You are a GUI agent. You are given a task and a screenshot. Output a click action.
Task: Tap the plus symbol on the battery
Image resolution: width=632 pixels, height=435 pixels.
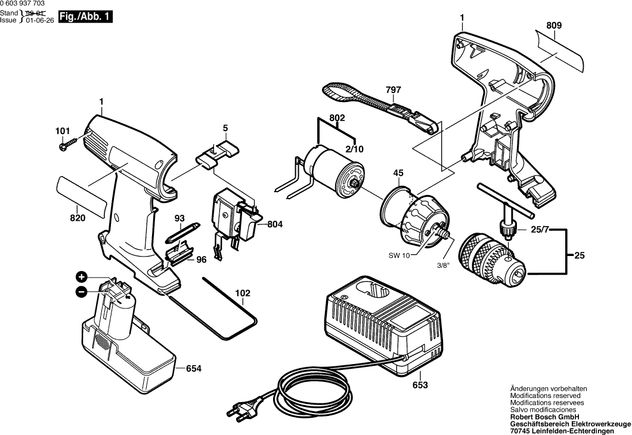(x=82, y=277)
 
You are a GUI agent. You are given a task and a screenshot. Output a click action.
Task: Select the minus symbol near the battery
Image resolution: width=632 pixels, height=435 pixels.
(x=82, y=291)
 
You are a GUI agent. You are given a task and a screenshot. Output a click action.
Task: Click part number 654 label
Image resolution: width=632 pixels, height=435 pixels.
(x=193, y=369)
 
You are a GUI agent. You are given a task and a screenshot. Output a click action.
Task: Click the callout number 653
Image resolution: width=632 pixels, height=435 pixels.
(x=420, y=385)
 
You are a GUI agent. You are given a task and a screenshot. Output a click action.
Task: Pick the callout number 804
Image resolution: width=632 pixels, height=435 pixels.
(x=275, y=224)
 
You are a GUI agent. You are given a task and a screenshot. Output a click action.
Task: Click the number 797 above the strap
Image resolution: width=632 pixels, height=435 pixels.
(x=393, y=90)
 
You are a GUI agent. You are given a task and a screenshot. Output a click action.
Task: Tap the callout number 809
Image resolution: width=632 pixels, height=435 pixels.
(x=553, y=26)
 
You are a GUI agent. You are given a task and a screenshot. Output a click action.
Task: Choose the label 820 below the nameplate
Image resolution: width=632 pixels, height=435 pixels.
(x=78, y=218)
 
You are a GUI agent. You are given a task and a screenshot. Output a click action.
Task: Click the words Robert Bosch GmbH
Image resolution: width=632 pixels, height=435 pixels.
(x=543, y=417)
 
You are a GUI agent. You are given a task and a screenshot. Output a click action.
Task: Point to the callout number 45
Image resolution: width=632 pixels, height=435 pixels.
(x=398, y=174)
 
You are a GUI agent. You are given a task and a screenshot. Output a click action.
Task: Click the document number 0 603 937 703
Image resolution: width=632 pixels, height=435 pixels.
(x=26, y=4)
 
